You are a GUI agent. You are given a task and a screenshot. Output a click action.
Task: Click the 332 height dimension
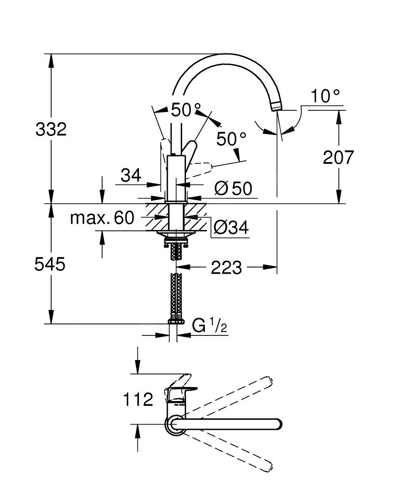(x=51, y=129)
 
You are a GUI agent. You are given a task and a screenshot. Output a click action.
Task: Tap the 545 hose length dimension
(x=50, y=264)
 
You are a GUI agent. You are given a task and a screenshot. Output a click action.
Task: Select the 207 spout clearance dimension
(x=338, y=158)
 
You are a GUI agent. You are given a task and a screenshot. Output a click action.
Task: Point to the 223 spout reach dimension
(x=226, y=268)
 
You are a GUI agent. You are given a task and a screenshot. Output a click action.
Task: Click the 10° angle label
(x=325, y=96)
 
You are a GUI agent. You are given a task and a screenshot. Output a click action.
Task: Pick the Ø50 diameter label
(x=233, y=188)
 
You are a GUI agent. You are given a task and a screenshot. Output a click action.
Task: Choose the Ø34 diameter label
(x=231, y=228)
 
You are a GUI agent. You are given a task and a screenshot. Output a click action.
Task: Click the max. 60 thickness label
(x=102, y=218)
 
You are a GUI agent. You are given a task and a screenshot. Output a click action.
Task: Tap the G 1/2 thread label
(x=209, y=326)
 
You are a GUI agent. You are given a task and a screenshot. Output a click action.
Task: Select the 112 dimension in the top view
(x=138, y=400)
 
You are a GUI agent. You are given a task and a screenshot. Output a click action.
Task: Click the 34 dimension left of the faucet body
(x=131, y=175)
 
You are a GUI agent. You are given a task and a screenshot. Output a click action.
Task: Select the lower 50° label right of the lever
(x=231, y=139)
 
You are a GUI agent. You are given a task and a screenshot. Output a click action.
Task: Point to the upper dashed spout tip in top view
(x=268, y=381)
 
